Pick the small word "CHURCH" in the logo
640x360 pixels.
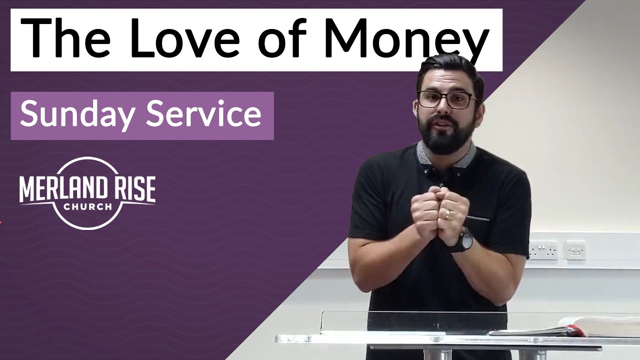coord(87,206)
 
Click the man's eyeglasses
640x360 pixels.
coord(446,99)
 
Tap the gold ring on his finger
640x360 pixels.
coord(447,214)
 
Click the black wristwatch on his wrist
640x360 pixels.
coord(464,239)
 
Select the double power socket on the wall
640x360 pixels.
coord(543,249)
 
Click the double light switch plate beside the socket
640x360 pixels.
coord(575,249)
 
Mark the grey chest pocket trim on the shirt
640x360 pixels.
coord(478,218)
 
